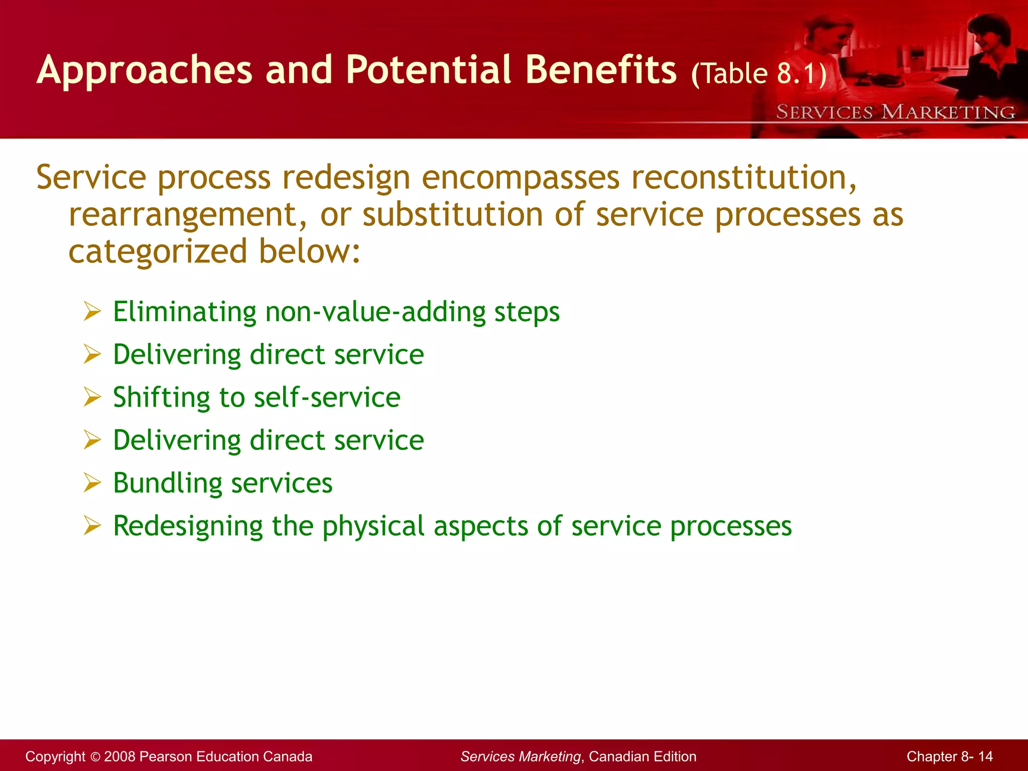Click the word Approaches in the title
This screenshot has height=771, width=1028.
pyautogui.click(x=144, y=70)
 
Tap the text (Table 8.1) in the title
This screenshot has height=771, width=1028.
pyautogui.click(x=758, y=74)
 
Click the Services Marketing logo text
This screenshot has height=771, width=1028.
pyautogui.click(x=895, y=112)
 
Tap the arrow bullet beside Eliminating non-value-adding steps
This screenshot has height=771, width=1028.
pyautogui.click(x=92, y=312)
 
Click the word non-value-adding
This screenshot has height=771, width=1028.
pyautogui.click(x=375, y=312)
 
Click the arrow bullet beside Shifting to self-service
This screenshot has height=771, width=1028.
pyautogui.click(x=92, y=398)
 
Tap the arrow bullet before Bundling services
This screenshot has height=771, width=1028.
pyautogui.click(x=92, y=483)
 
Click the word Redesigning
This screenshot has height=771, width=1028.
pyautogui.click(x=188, y=526)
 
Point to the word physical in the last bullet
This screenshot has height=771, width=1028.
pyautogui.click(x=373, y=526)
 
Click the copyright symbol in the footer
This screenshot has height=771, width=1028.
pyautogui.click(x=95, y=756)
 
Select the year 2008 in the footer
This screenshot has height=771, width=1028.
pyautogui.click(x=119, y=756)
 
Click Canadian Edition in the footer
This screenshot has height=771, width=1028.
pyautogui.click(x=642, y=756)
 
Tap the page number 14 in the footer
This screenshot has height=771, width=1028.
pyautogui.click(x=985, y=756)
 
